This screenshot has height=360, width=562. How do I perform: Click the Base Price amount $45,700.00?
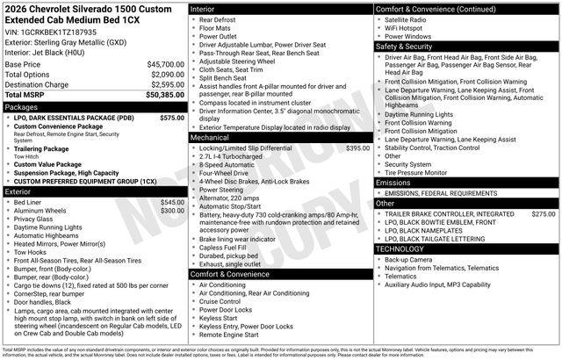165,64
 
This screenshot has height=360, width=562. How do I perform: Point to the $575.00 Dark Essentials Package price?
172,117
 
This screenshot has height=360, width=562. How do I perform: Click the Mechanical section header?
210,138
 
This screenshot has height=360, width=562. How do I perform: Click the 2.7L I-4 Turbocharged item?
236,157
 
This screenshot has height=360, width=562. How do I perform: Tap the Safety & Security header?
412,47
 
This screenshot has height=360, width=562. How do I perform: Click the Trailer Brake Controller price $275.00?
544,213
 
